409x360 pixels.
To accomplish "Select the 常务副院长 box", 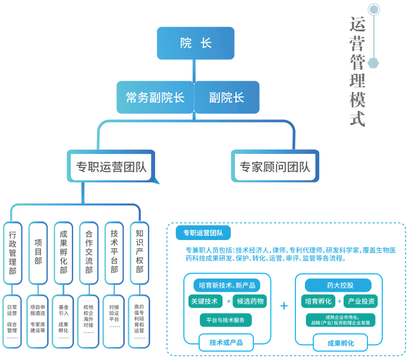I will click(x=155, y=97).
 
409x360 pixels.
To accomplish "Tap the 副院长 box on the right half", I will click(x=227, y=97).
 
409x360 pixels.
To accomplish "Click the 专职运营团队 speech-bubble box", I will click(x=111, y=166).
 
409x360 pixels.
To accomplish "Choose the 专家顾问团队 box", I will click(x=275, y=166).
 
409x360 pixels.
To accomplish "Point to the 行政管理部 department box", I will click(x=12, y=252).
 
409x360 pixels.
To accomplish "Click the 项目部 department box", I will click(x=38, y=252).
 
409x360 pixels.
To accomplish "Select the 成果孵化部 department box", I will click(x=64, y=252).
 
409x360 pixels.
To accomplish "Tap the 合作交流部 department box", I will click(x=89, y=252).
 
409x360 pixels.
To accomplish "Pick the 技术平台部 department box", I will click(x=114, y=252).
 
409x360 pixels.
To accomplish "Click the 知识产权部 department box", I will click(x=140, y=252).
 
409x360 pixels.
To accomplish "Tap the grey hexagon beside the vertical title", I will click(x=373, y=62).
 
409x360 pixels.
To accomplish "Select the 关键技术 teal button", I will click(x=204, y=301).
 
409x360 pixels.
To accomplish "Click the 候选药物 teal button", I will click(x=249, y=301).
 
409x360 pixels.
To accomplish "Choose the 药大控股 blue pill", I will click(x=338, y=285).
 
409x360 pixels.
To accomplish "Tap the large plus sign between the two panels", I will click(x=284, y=306).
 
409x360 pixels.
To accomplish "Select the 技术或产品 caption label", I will click(x=226, y=343).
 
